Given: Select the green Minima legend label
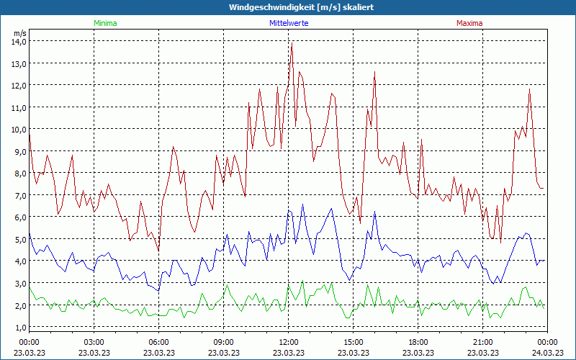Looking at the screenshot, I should (x=104, y=23).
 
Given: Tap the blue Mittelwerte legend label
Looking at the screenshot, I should (x=288, y=23).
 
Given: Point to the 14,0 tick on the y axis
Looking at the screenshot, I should (x=19, y=41).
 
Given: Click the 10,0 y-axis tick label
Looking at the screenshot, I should (x=19, y=129).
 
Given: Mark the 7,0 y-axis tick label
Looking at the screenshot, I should (x=19, y=195).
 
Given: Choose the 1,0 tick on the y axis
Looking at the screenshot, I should (x=19, y=327).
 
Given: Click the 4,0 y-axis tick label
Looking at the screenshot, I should (x=19, y=261).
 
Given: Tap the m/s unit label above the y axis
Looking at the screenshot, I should (x=19, y=32).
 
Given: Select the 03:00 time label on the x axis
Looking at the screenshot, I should (x=94, y=342).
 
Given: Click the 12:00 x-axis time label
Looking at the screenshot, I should (x=288, y=342).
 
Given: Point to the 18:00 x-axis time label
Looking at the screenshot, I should (x=418, y=342).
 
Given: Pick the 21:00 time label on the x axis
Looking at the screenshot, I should (x=482, y=342).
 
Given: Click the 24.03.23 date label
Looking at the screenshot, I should (x=547, y=352).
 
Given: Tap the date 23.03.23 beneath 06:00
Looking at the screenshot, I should (x=159, y=352).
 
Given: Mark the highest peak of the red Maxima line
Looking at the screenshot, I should (x=292, y=42).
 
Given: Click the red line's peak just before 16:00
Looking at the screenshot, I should (x=374, y=71).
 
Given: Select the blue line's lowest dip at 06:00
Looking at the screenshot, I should (x=158, y=290).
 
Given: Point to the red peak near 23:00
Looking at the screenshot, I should (x=529, y=89).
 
